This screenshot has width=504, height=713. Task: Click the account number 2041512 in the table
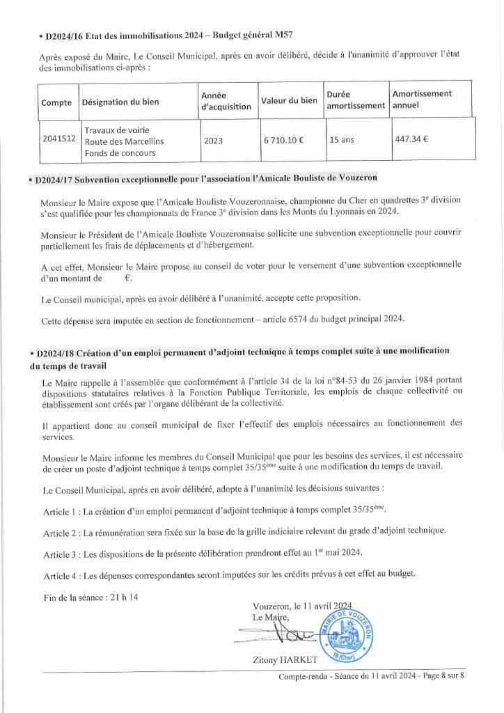pyautogui.click(x=58, y=139)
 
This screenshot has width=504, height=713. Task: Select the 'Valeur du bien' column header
pyautogui.click(x=289, y=100)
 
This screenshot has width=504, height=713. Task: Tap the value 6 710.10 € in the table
pyautogui.click(x=283, y=139)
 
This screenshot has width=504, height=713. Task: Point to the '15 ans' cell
pyautogui.click(x=342, y=139)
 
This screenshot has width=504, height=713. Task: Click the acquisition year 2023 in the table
pyautogui.click(x=213, y=139)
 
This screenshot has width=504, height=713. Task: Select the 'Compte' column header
pyautogui.click(x=56, y=102)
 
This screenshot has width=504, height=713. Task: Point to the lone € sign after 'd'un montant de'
pyautogui.click(x=128, y=277)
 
